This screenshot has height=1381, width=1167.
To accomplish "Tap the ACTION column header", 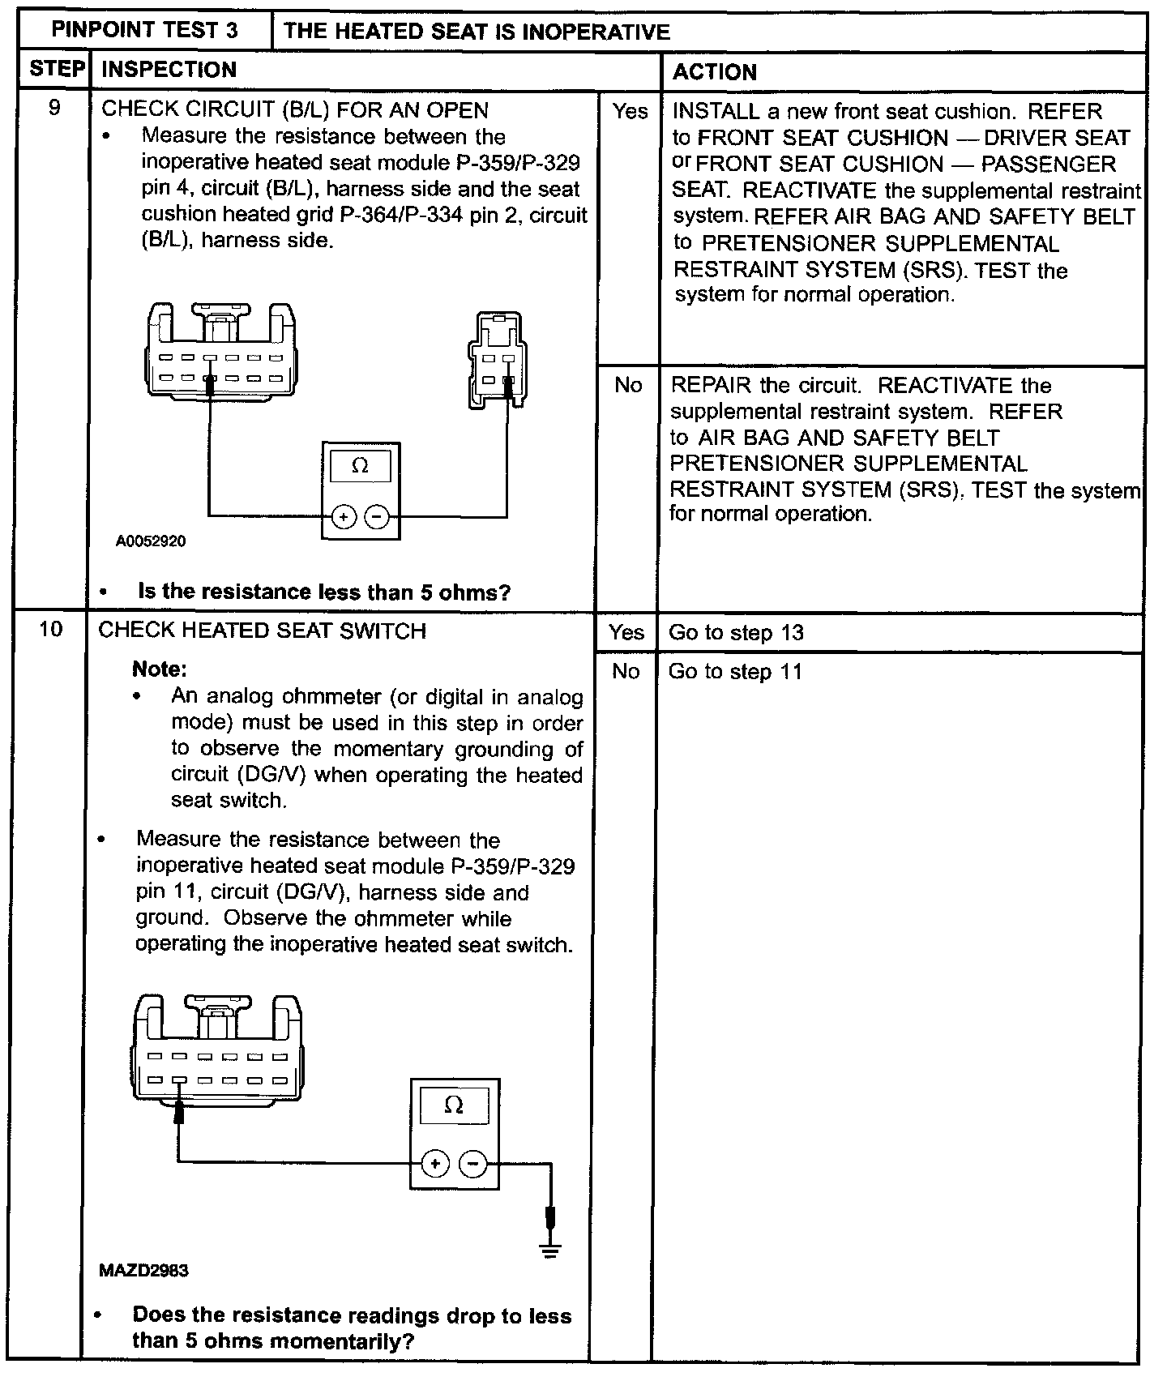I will click(x=714, y=72).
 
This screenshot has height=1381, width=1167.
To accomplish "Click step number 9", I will click(x=54, y=108).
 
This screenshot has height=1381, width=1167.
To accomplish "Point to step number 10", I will click(x=50, y=629).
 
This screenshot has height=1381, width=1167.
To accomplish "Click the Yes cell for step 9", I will click(x=630, y=111).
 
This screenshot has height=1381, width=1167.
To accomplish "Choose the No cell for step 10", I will click(x=625, y=671).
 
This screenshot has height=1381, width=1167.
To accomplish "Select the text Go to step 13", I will click(x=736, y=632).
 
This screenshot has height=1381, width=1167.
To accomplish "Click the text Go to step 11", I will click(x=735, y=671).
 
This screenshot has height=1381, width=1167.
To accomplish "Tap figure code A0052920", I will click(x=151, y=541).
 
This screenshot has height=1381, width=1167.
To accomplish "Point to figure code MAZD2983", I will click(x=143, y=1270).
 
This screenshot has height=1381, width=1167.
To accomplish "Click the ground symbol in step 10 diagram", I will click(x=551, y=1249).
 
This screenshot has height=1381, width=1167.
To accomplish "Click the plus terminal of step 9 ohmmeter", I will click(x=344, y=516).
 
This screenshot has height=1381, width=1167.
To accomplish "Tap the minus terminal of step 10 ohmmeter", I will click(x=472, y=1164).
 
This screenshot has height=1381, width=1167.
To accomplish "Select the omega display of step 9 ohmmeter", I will click(x=361, y=466).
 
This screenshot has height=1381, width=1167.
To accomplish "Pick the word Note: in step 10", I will click(x=160, y=669).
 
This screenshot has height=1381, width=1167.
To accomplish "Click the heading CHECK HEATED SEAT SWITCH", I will click(x=262, y=631).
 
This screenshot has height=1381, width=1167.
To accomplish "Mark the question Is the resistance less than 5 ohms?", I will click(x=324, y=592).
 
